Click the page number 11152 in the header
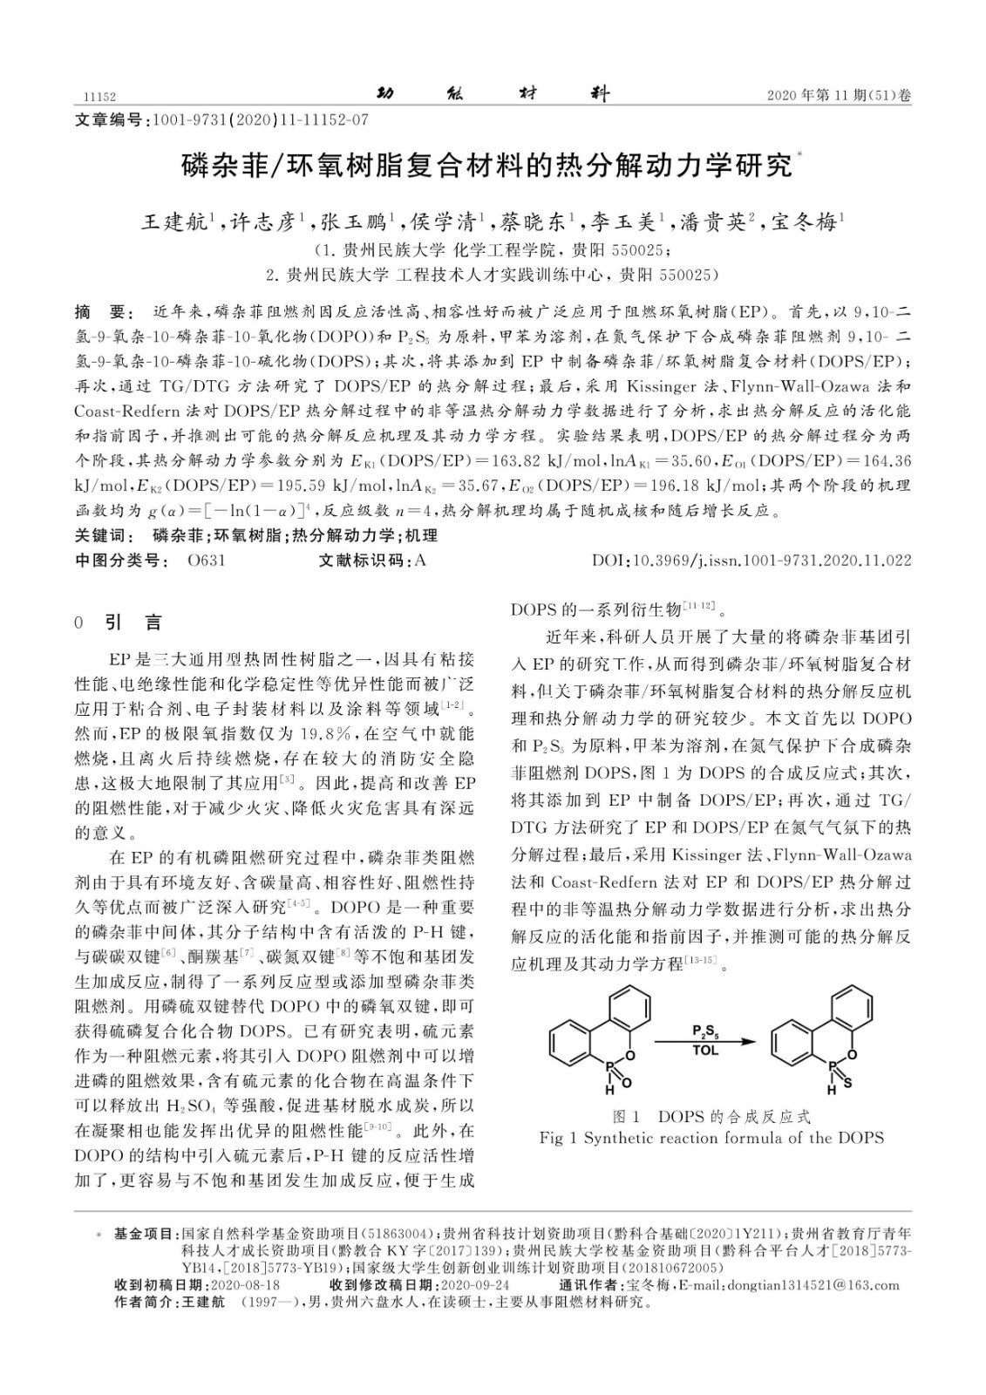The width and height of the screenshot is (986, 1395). (99, 97)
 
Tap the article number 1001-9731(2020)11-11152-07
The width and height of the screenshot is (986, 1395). (260, 119)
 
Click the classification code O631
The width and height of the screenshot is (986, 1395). (207, 561)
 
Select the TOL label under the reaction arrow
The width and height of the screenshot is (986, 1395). (705, 1052)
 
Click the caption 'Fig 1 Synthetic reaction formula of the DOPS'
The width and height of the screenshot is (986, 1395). (711, 1138)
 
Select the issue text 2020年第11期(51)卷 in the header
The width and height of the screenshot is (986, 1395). (839, 97)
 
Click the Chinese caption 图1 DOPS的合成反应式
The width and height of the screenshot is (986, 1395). (711, 1117)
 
